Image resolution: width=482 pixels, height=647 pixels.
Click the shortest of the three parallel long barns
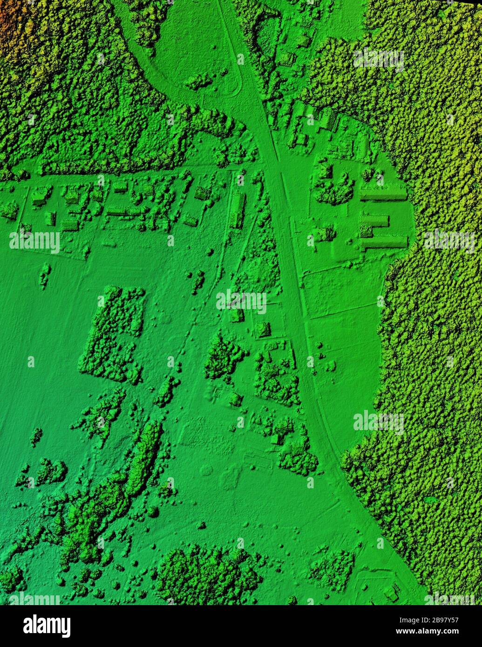click(375, 221)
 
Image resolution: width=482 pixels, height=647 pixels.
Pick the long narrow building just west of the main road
click(238, 210)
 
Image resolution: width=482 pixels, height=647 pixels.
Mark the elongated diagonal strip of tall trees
click(144, 456)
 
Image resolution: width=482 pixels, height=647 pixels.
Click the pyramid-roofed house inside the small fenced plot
click(263, 330)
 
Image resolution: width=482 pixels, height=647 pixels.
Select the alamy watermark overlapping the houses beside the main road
click(241, 301)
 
